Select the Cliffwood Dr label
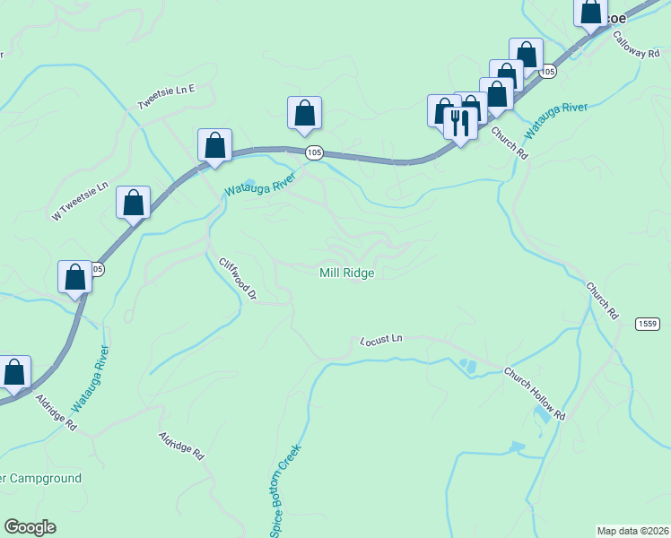coord(238,279)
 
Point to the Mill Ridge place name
coord(346,273)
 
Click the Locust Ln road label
coord(381,340)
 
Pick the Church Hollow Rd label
coord(535,394)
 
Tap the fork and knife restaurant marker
coord(460,122)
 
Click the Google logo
coord(30,527)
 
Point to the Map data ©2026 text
coord(633,530)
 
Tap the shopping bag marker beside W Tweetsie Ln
coord(133,204)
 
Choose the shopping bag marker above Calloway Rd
coord(590,13)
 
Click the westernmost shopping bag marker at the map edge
coord(13,372)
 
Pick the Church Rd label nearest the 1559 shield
coord(603,301)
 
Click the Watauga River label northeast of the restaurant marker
coord(556,119)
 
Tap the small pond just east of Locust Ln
coord(466,366)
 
